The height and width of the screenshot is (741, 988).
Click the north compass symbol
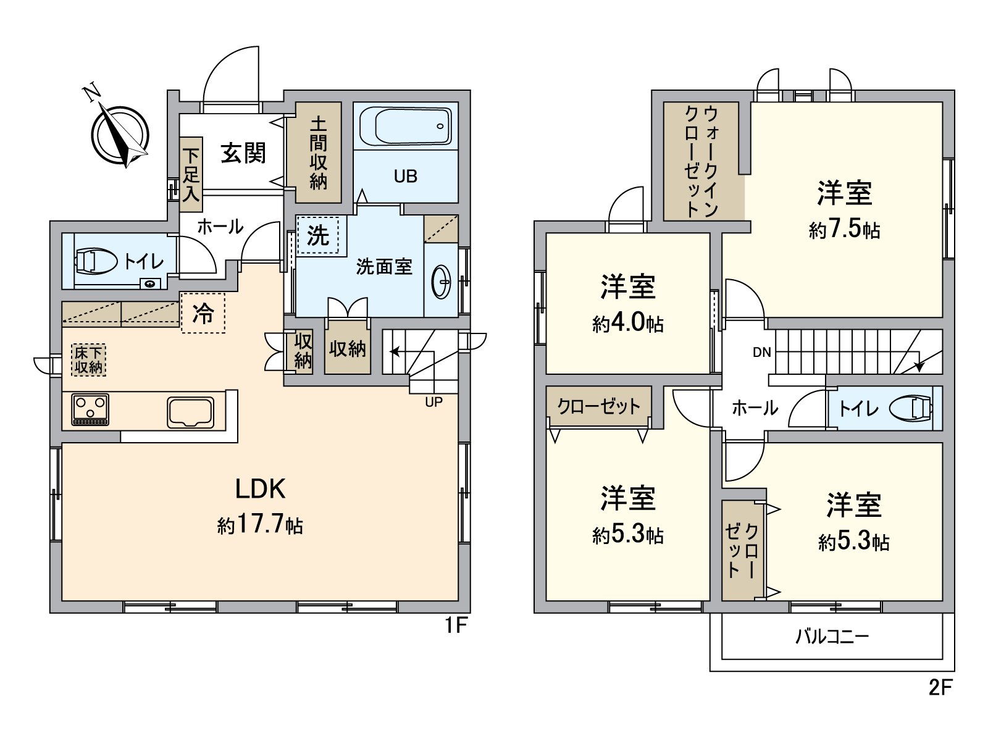[x=120, y=135]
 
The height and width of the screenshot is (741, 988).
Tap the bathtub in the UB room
[x=406, y=126]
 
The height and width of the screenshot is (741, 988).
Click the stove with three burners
[x=90, y=409]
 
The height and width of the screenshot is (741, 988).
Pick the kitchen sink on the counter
[x=191, y=412]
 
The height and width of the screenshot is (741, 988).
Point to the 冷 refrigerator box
[x=203, y=312]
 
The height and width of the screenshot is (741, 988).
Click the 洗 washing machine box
[x=318, y=235]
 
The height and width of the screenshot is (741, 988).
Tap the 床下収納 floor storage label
[x=88, y=360]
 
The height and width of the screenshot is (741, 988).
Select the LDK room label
[x=260, y=489]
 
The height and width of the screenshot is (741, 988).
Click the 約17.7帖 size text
[x=260, y=525]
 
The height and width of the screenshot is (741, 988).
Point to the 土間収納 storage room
[x=318, y=153]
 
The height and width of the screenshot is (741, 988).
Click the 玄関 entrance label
[x=243, y=153]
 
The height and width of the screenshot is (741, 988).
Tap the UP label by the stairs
[x=433, y=402]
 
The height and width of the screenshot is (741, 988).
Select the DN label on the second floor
[x=762, y=352]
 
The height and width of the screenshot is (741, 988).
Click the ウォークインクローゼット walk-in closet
[x=702, y=161]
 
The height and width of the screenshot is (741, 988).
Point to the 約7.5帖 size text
[x=844, y=230]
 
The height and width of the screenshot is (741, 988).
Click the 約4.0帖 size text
[x=628, y=323]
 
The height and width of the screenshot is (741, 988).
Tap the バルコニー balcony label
[x=832, y=636]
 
